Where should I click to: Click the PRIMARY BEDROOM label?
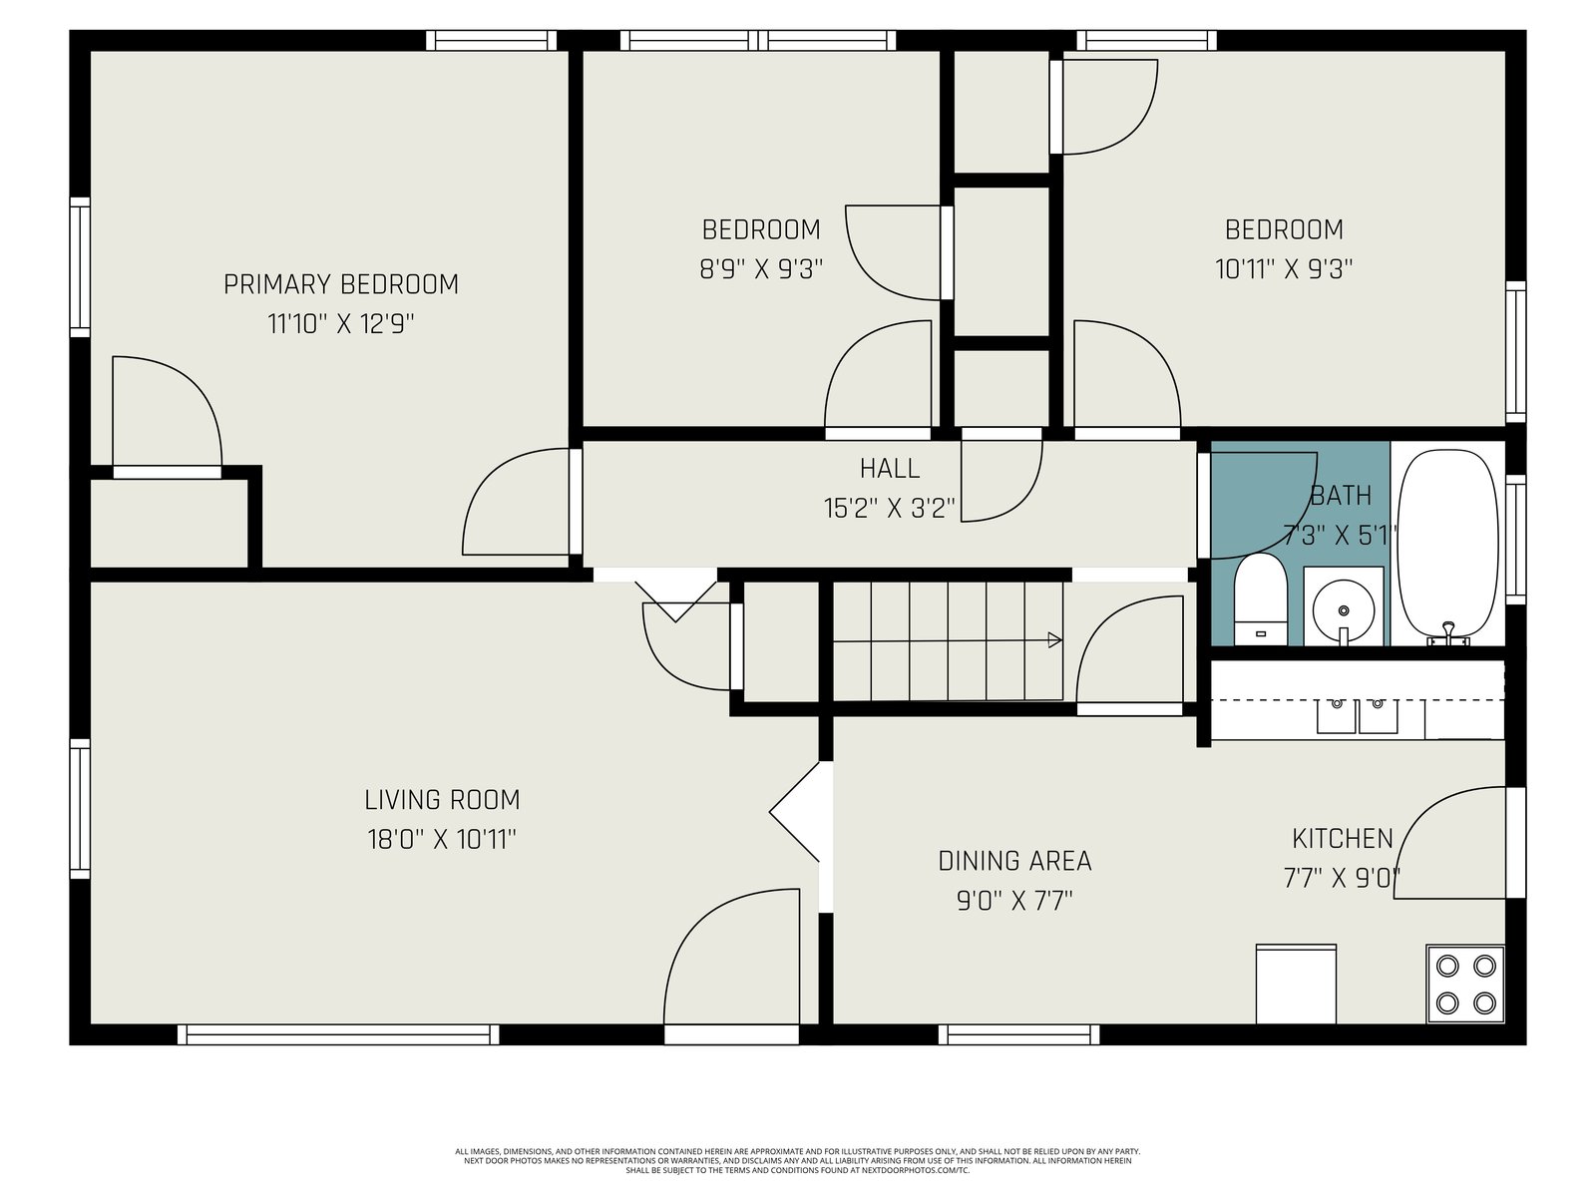click(340, 284)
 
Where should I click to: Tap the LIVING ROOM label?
click(442, 800)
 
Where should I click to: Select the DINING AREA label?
click(1014, 861)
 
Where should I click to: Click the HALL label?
click(889, 469)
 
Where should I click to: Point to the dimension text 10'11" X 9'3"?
click(1284, 269)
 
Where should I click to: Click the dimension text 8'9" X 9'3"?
click(760, 269)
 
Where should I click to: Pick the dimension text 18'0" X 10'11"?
click(442, 840)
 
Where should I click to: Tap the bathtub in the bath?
click(1447, 547)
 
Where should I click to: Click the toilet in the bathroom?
click(1260, 598)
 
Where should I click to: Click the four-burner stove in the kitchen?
click(1465, 985)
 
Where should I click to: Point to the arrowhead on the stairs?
click(1054, 640)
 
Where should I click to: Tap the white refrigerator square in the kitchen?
click(1296, 984)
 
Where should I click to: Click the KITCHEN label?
click(1343, 840)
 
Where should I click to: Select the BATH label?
click(1340, 497)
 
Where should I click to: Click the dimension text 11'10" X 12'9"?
click(340, 324)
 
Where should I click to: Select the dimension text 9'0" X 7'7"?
click(1014, 901)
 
